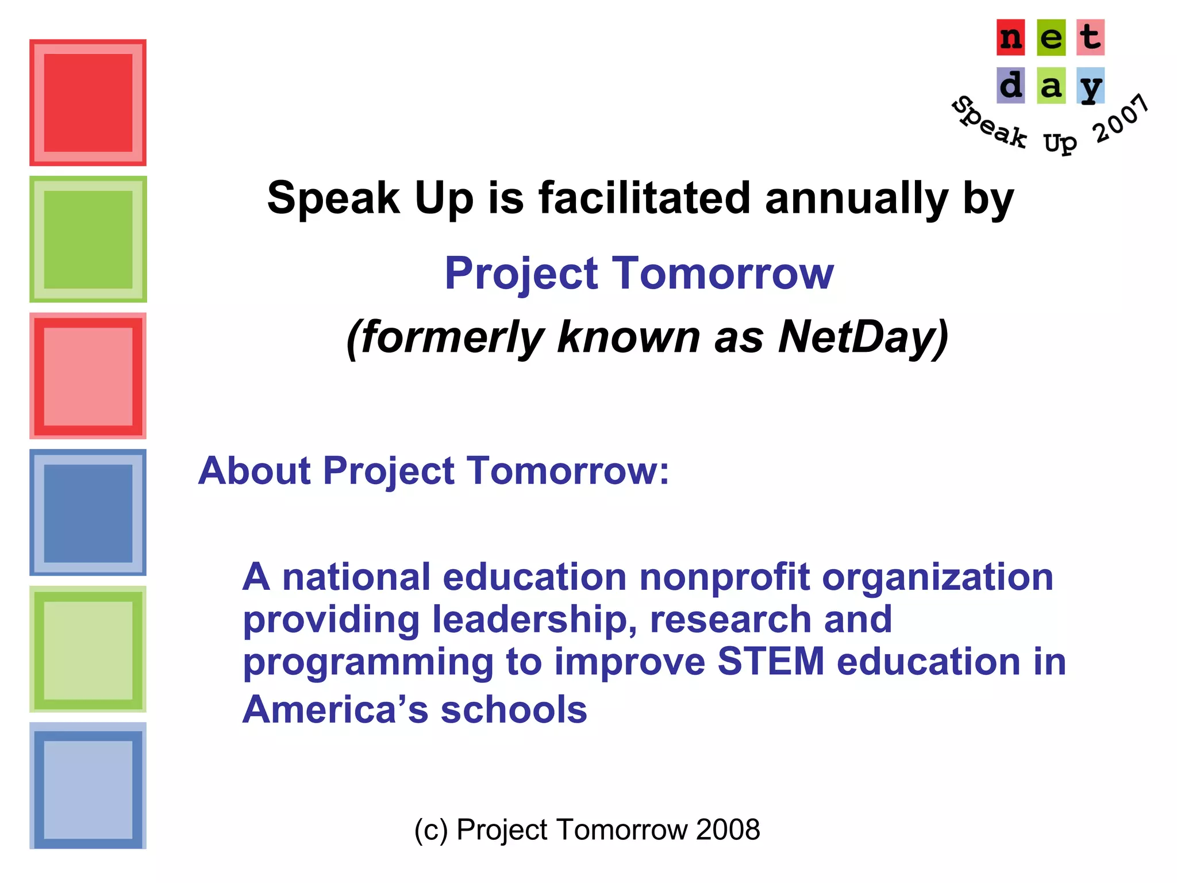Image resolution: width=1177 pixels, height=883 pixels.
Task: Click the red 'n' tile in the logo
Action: click(x=1010, y=38)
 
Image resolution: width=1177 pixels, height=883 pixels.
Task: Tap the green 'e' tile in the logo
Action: click(x=1051, y=38)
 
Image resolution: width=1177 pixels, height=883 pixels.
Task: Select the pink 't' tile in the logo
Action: click(x=1090, y=38)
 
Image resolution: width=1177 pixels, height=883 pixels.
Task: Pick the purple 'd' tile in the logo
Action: click(x=1010, y=86)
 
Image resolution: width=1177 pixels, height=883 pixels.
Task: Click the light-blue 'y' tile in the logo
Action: click(x=1090, y=86)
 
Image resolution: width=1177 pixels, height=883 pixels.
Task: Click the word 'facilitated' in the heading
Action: click(x=644, y=198)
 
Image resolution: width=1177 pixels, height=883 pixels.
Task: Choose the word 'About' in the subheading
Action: click(x=254, y=471)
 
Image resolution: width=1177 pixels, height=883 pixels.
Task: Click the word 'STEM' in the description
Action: click(x=771, y=661)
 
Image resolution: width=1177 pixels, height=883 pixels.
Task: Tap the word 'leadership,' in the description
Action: click(x=534, y=620)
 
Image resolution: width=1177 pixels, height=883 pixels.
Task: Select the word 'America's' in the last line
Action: click(x=335, y=709)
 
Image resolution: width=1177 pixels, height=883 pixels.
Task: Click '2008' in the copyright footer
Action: click(x=728, y=830)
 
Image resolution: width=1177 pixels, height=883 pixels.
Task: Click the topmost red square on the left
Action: click(x=88, y=103)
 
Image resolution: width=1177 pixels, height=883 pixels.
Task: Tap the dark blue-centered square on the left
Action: click(x=88, y=513)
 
